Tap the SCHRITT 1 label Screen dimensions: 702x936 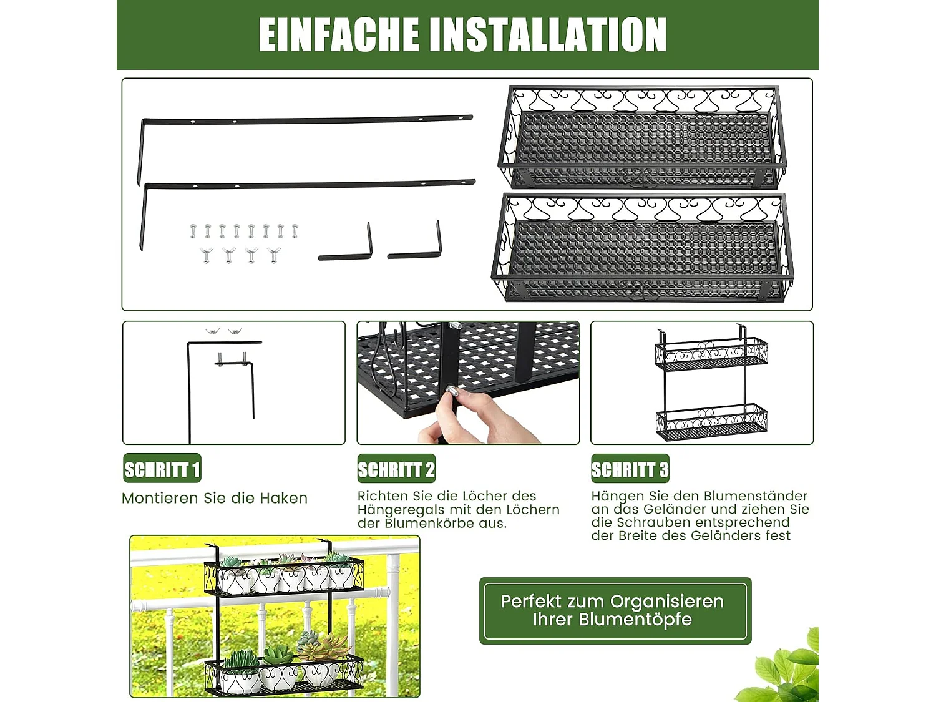162,469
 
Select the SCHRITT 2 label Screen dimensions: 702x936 396,469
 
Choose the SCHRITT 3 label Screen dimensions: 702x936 630,469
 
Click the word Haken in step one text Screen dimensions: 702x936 283,498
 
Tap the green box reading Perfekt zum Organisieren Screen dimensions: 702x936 615,610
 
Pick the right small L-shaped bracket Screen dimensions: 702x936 416,246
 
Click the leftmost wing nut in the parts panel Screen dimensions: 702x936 207,255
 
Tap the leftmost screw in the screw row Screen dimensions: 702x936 193,232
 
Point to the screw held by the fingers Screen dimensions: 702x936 452,392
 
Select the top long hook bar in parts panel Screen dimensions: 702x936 306,120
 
